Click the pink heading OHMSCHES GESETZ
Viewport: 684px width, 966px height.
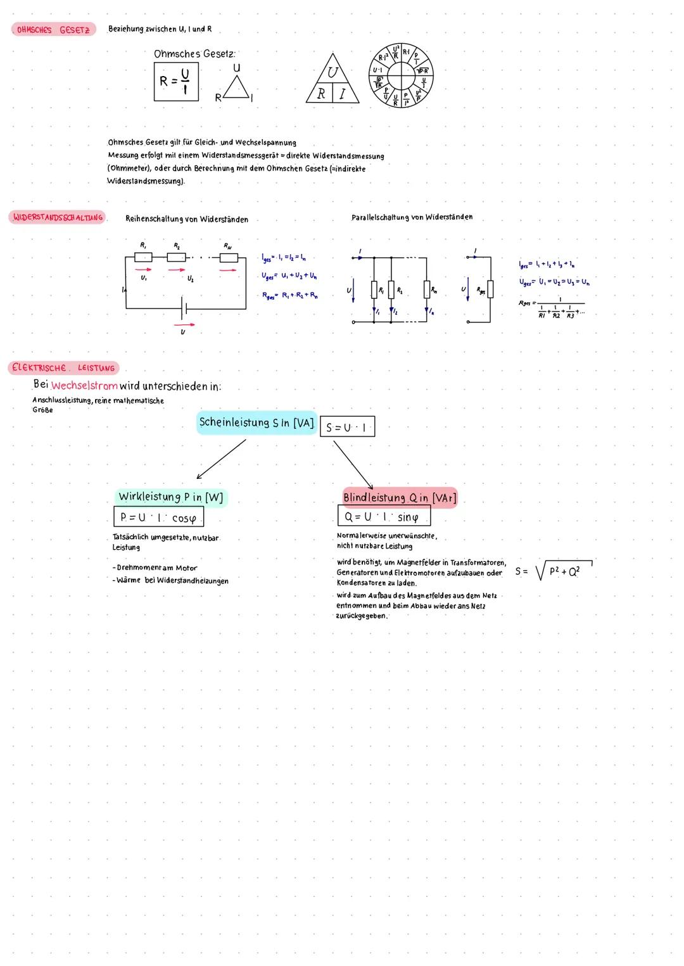53,30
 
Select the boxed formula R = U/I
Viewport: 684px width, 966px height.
175,81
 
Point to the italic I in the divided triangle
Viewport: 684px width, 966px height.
342,94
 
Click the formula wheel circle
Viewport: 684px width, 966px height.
401,76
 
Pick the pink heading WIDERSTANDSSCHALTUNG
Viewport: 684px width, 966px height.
58,218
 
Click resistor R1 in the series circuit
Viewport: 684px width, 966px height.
143,257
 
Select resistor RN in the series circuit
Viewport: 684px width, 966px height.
229,257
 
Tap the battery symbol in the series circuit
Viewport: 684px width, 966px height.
184,308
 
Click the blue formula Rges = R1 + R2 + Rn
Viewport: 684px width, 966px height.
290,295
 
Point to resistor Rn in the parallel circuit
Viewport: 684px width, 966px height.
427,289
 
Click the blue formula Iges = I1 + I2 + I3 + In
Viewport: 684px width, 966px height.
547,264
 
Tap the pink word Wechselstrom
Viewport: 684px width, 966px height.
84,386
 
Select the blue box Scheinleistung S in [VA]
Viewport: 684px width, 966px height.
256,423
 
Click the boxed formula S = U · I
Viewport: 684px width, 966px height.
347,427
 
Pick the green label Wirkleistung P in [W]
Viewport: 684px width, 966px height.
171,497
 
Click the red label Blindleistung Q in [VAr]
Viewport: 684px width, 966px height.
399,497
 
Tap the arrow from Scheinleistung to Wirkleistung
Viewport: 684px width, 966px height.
221,459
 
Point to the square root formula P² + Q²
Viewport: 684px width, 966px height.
563,571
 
